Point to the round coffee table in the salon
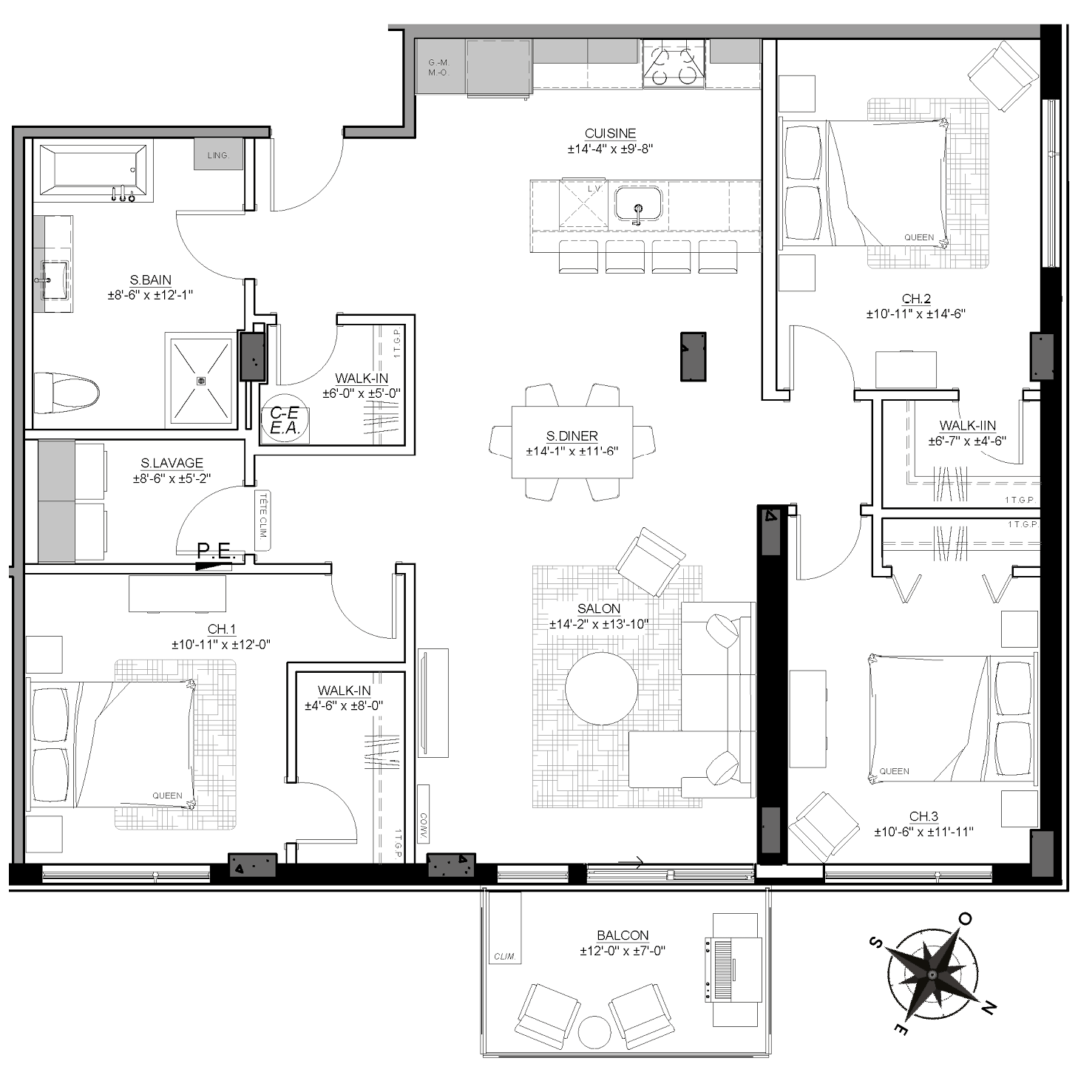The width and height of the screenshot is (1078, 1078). point(601,688)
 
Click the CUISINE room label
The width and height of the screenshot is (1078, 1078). point(610,134)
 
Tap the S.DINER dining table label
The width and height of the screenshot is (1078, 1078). point(572,435)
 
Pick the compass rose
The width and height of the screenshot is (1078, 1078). point(932,974)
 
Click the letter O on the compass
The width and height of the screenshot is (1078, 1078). point(966,918)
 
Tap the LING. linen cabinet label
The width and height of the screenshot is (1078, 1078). point(218,155)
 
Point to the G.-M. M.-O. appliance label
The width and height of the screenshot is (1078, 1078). point(438,68)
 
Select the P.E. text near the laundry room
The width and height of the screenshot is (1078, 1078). point(215,551)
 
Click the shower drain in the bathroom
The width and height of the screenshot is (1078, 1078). point(201,381)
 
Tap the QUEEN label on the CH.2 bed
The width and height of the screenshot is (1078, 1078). point(919,237)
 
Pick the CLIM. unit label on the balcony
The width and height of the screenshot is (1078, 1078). point(504,956)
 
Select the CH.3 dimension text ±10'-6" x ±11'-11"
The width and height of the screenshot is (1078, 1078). point(923,832)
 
